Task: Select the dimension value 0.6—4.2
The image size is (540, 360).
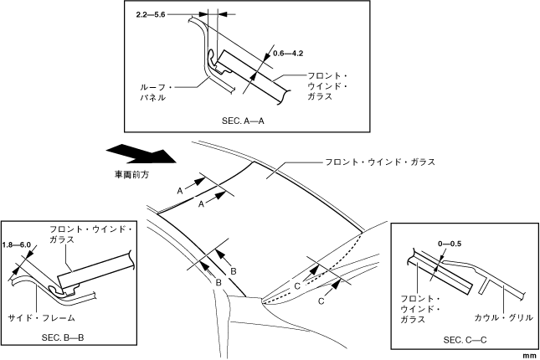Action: point(288,54)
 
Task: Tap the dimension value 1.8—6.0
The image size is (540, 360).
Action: point(17,244)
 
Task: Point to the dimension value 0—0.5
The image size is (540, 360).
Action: point(450,243)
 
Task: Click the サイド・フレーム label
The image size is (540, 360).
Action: point(42,318)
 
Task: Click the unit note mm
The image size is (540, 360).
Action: point(528,356)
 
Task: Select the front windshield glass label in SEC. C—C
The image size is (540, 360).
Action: point(420,309)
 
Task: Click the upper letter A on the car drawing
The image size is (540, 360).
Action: point(179,191)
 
